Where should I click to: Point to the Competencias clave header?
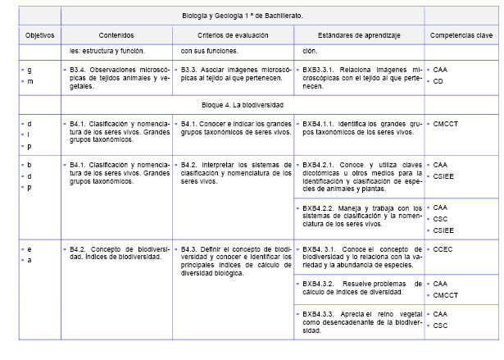461,37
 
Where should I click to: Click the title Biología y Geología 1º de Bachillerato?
243,15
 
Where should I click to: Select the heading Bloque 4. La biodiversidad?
243,107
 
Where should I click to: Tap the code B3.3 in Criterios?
190,71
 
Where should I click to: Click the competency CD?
439,81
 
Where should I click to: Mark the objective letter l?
29,134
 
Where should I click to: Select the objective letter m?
30,81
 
